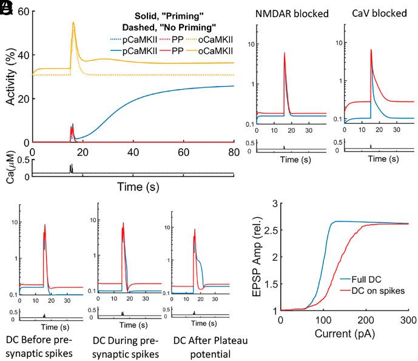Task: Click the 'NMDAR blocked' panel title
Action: coord(292,13)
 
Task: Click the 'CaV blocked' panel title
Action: coord(379,13)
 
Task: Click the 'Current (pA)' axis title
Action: coord(344,333)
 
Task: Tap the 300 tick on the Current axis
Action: coord(408,319)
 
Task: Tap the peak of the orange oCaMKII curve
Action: coord(73,22)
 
